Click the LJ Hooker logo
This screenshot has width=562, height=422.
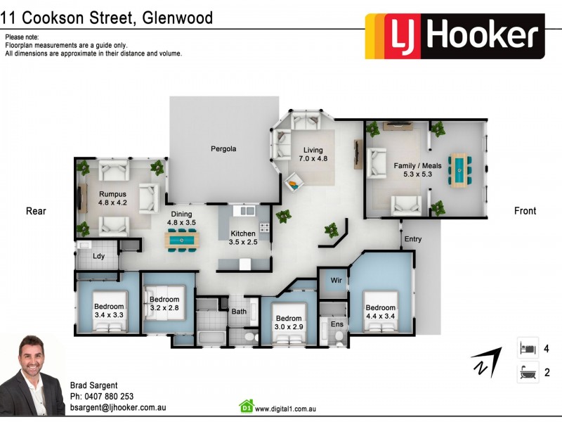click(455, 36)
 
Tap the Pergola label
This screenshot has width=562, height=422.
click(223, 149)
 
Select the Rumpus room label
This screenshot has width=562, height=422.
click(112, 198)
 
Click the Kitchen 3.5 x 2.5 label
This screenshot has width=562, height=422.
click(244, 238)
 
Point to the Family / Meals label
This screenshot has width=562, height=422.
click(417, 170)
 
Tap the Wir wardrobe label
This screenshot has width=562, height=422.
click(336, 281)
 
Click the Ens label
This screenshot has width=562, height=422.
click(336, 324)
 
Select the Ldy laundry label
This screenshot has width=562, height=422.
click(98, 256)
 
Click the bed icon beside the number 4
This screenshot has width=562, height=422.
click(528, 348)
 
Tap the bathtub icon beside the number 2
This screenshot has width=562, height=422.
click(528, 373)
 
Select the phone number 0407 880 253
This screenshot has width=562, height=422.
click(101, 396)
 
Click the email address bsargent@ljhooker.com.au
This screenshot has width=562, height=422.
click(117, 407)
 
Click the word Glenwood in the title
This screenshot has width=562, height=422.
click(178, 18)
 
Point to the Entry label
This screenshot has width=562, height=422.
click(412, 240)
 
